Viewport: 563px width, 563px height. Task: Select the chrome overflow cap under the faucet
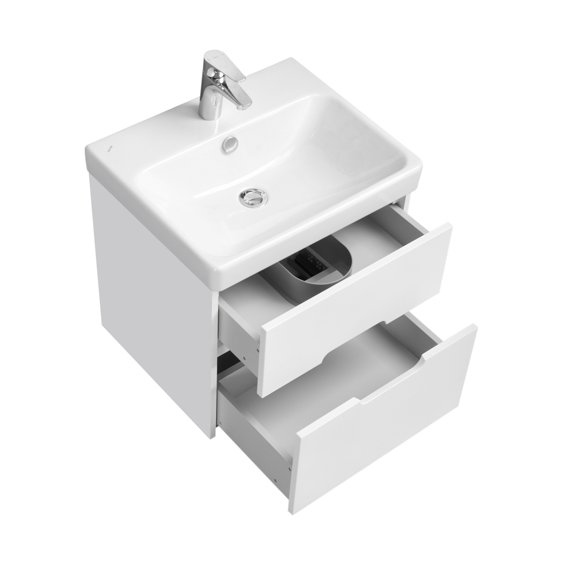point(230,144)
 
